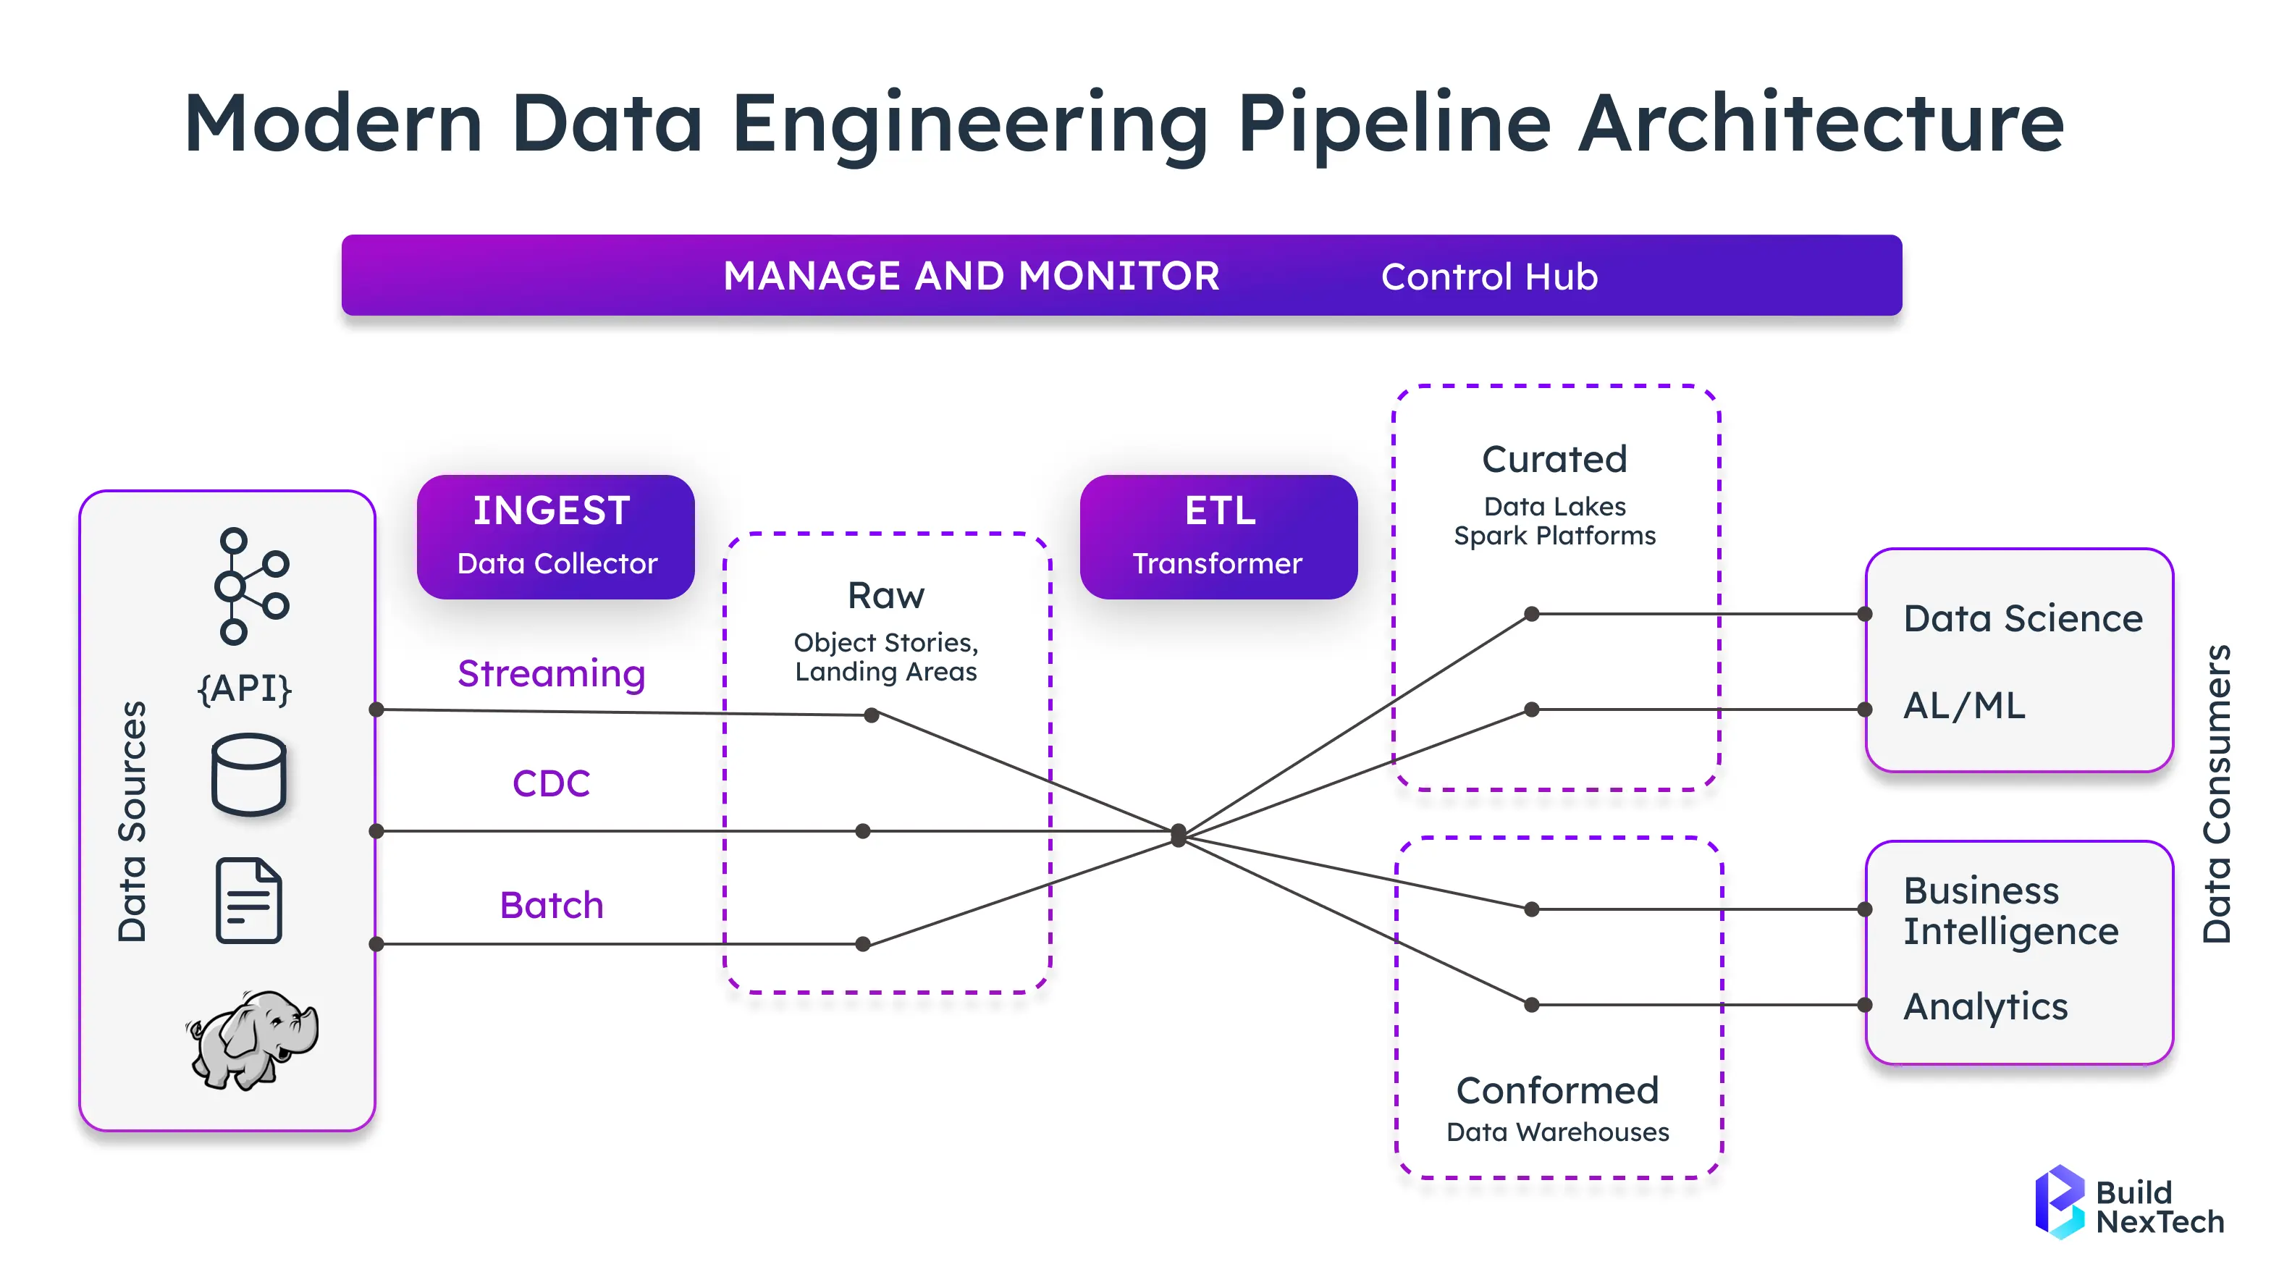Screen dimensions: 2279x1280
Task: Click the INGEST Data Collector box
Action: click(x=555, y=537)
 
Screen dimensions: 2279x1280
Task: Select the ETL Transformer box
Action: click(x=1218, y=537)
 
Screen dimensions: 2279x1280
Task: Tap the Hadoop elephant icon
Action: click(x=252, y=1040)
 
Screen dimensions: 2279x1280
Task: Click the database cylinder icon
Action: click(x=248, y=774)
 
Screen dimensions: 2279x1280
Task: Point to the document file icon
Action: click(x=248, y=901)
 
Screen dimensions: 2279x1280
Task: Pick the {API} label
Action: click(x=244, y=687)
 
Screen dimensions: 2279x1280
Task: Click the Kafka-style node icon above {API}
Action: click(x=251, y=586)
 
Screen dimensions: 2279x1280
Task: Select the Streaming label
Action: click(x=551, y=674)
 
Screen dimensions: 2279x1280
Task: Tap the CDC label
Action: click(x=551, y=783)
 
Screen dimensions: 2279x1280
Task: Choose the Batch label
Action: click(x=551, y=905)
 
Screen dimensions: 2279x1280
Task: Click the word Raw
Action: click(x=885, y=595)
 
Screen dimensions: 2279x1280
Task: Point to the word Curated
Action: click(x=1554, y=459)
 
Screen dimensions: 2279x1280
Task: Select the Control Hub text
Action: click(x=1489, y=276)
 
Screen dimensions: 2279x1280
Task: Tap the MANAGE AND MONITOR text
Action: click(x=972, y=275)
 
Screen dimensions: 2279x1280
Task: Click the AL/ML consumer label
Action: click(x=1964, y=706)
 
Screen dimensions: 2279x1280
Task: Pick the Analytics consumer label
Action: click(x=1985, y=1006)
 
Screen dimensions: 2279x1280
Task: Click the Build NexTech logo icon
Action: click(x=2060, y=1201)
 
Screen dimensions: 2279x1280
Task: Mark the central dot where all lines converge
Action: click(x=1179, y=834)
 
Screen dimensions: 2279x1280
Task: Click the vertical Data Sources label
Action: click(x=132, y=822)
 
